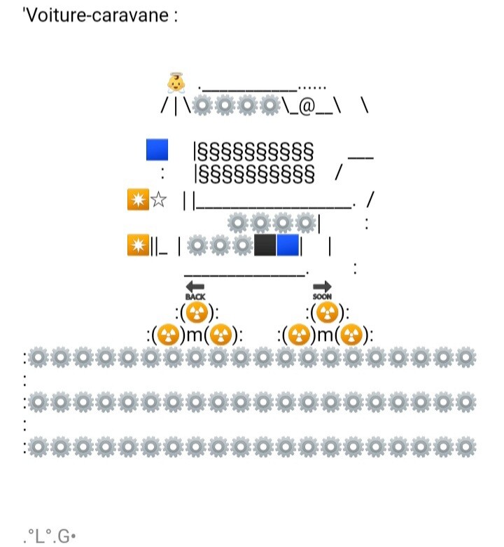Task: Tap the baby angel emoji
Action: (x=176, y=83)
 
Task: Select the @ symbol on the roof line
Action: (x=307, y=107)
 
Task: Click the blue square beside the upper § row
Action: (x=157, y=150)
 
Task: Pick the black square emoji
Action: (x=265, y=245)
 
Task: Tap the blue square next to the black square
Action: (x=288, y=245)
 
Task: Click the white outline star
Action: (x=159, y=200)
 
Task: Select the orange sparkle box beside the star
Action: (x=138, y=200)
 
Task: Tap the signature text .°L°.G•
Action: (x=50, y=537)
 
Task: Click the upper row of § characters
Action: (x=253, y=151)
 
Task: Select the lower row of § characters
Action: (x=253, y=171)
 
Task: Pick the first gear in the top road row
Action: (x=38, y=358)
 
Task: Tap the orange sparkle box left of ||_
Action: (x=138, y=245)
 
